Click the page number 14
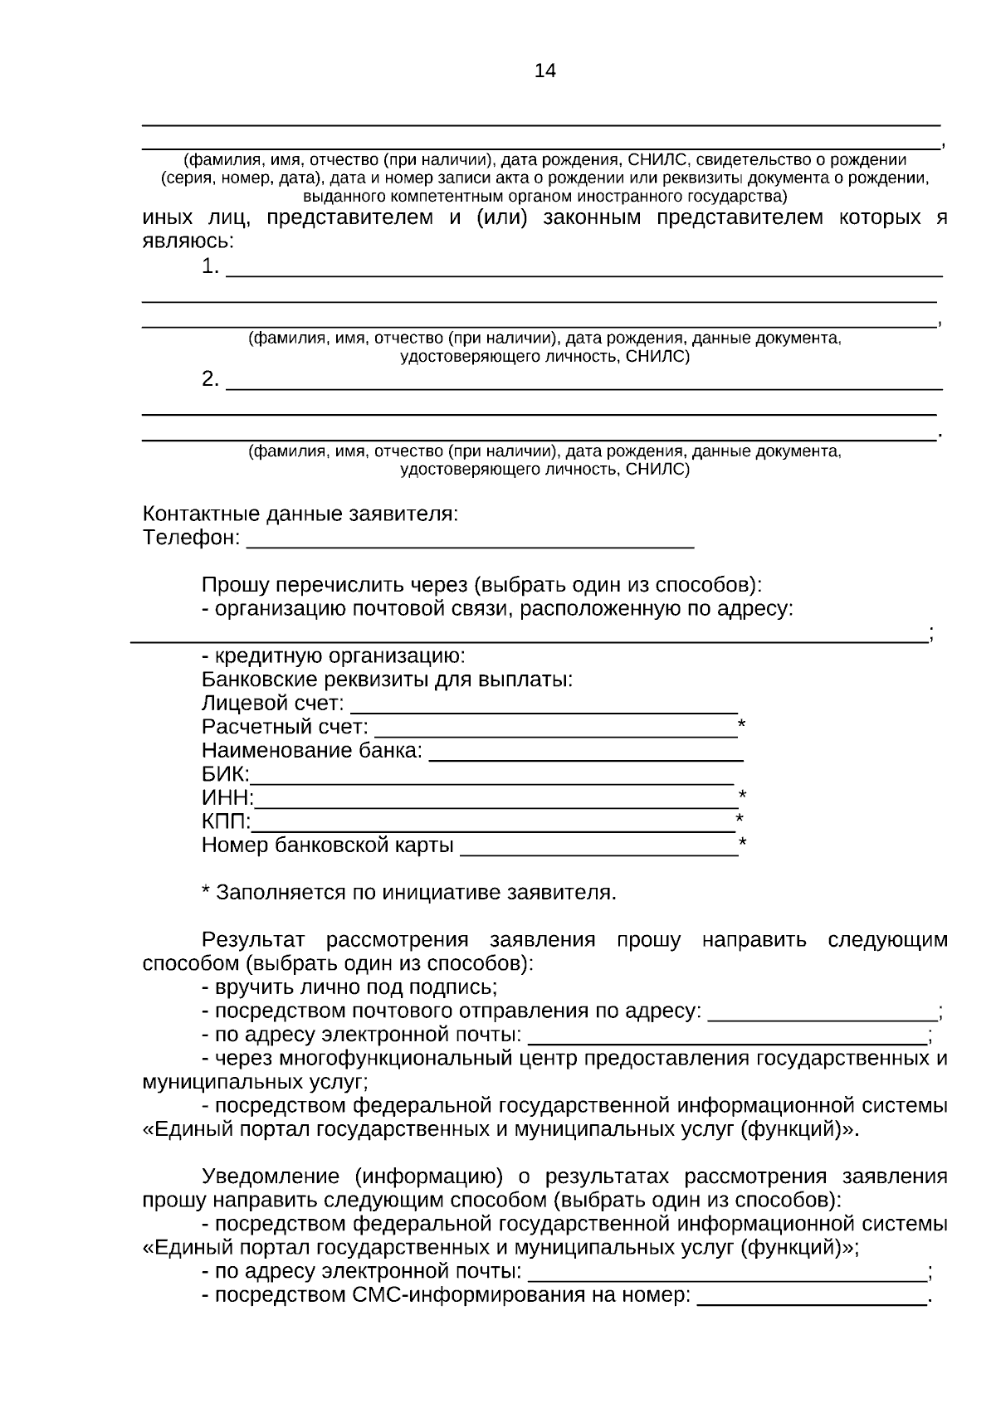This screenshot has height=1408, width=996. tap(544, 71)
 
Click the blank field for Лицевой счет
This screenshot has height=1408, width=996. tap(544, 705)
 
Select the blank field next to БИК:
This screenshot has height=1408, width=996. tap(491, 777)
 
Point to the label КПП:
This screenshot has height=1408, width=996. tap(226, 821)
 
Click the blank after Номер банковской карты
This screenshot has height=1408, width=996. tap(598, 847)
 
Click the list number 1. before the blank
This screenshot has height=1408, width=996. tap(211, 267)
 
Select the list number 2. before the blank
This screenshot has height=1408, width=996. tap(211, 380)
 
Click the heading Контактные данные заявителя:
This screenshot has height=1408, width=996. tap(300, 514)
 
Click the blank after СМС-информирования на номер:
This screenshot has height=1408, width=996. tap(811, 1297)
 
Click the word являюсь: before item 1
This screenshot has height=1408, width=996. tap(188, 241)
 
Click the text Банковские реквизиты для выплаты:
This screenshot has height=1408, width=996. tap(387, 680)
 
